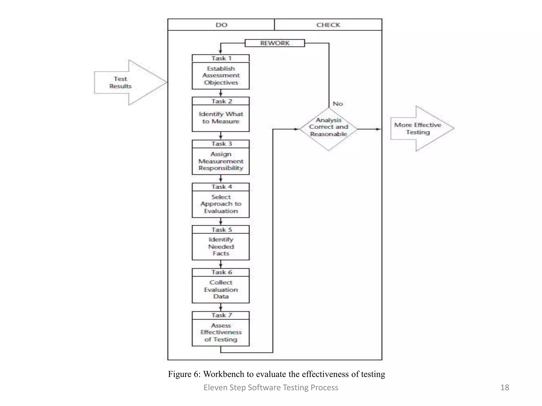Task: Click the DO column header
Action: pos(221,25)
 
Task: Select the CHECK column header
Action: pos(328,25)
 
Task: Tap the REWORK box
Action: pos(275,43)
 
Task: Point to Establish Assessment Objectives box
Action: pos(221,76)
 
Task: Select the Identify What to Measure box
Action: pos(221,118)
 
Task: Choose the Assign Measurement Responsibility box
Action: pos(221,161)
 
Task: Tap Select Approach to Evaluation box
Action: pos(221,204)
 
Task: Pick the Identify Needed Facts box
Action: pos(221,247)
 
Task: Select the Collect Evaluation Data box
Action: pos(221,290)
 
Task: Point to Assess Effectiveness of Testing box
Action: pos(221,333)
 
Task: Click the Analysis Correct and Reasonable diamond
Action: pos(328,129)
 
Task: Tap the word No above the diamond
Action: pos(337,104)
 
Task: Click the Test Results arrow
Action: pos(124,82)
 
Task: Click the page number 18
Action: pos(504,387)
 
